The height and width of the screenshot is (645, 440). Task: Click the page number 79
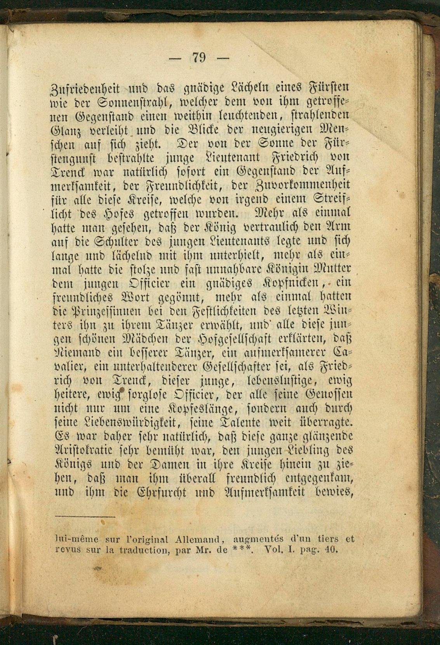coord(199,58)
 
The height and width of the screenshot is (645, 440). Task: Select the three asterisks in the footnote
coord(243,549)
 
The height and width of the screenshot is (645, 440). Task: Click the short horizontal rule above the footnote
coord(85,517)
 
